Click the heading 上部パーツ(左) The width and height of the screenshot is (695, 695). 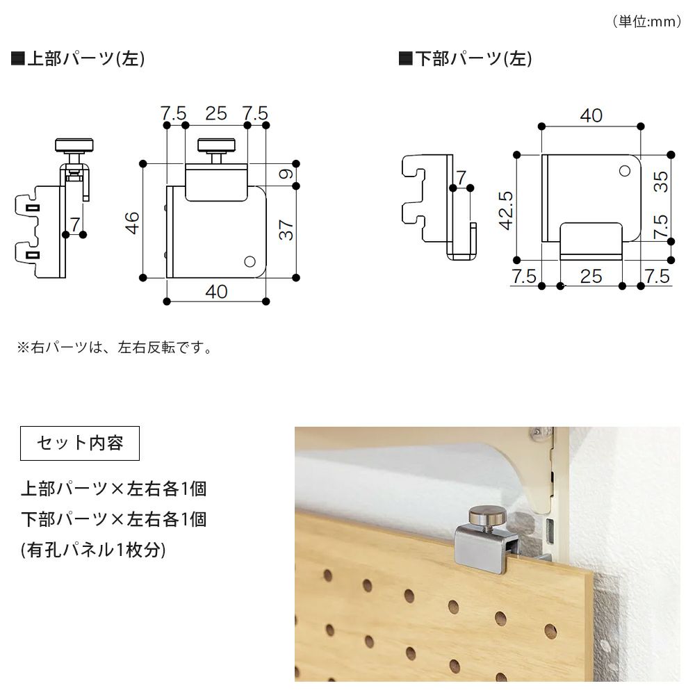tap(78, 58)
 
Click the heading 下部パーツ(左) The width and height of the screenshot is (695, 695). tap(466, 58)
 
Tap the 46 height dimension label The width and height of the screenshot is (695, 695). tap(132, 223)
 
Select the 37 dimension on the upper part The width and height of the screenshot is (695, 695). tap(286, 230)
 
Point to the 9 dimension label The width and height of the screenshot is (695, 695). tap(286, 174)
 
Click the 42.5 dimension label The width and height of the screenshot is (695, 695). tap(506, 211)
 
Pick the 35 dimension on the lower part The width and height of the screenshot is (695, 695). tap(661, 181)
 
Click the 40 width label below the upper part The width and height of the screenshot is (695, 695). tap(216, 292)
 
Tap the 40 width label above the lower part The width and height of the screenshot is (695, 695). tap(591, 115)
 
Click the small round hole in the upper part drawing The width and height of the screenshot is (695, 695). tap(250, 261)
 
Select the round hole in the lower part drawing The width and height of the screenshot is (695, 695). tap(625, 171)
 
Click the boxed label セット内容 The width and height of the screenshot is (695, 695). tap(80, 443)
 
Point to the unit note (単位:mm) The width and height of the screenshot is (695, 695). tap(647, 22)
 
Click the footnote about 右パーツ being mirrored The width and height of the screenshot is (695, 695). tap(115, 347)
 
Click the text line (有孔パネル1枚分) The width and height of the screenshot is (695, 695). tap(93, 550)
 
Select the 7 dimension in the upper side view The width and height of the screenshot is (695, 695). tap(75, 224)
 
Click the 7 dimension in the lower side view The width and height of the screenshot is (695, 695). tap(461, 177)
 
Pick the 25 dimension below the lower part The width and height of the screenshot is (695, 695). tap(591, 277)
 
